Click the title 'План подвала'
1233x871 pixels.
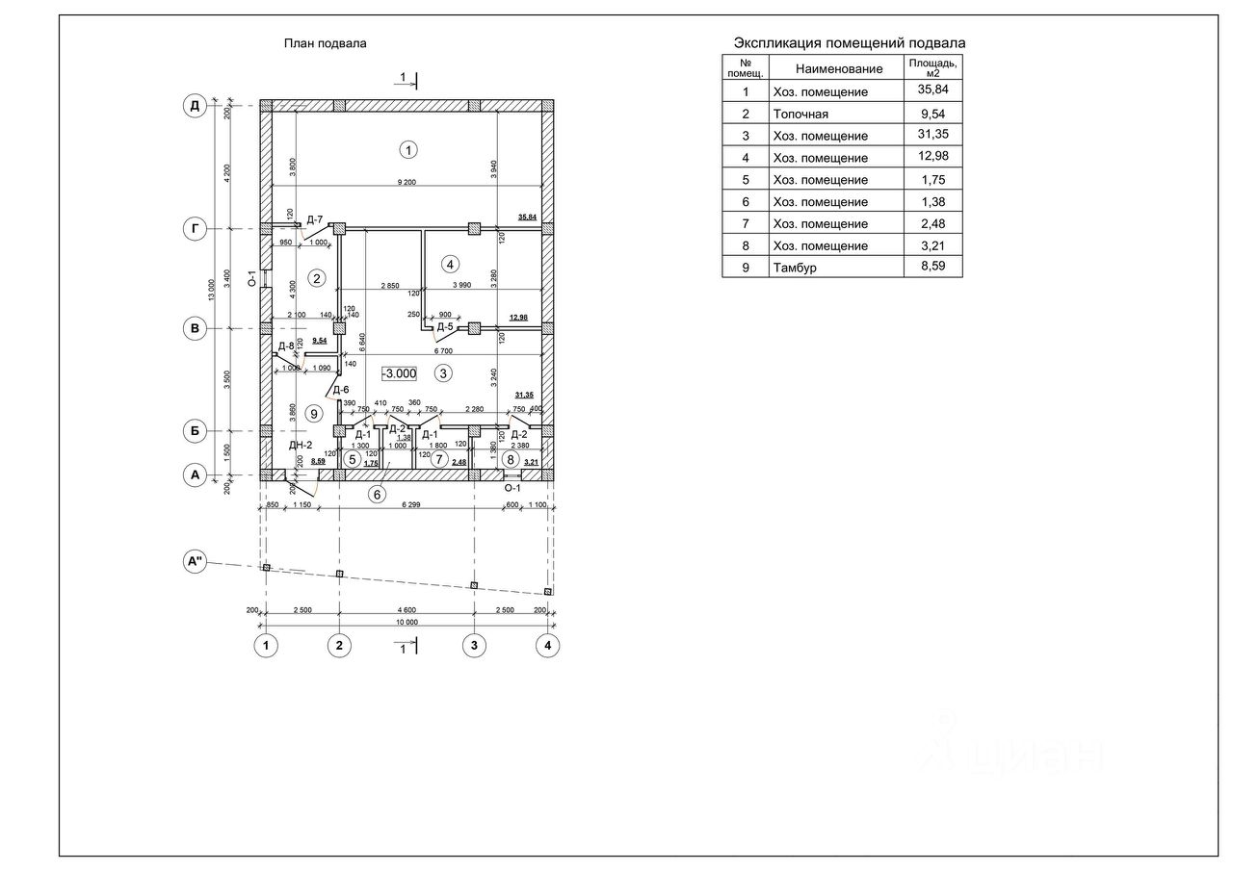click(x=325, y=43)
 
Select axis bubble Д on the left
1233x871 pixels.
click(x=195, y=106)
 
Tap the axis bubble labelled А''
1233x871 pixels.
click(x=196, y=562)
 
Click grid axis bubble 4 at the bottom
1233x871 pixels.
click(x=547, y=646)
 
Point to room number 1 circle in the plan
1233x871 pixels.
click(x=409, y=149)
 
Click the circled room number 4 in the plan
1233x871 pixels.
click(x=448, y=264)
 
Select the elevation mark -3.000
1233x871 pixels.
click(x=399, y=373)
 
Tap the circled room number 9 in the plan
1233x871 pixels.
click(x=312, y=413)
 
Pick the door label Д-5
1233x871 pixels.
click(x=445, y=327)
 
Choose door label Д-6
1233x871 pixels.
click(x=341, y=389)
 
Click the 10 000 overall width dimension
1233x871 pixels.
click(x=407, y=623)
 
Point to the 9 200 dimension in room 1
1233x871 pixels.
click(x=407, y=182)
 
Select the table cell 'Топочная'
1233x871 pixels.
click(x=800, y=114)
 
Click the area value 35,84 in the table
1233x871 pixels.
click(x=932, y=91)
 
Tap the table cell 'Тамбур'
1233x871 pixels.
click(x=794, y=268)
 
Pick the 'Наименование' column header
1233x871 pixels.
click(x=839, y=68)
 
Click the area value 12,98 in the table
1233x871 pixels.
click(x=932, y=157)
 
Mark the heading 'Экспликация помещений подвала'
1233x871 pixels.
click(x=850, y=43)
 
